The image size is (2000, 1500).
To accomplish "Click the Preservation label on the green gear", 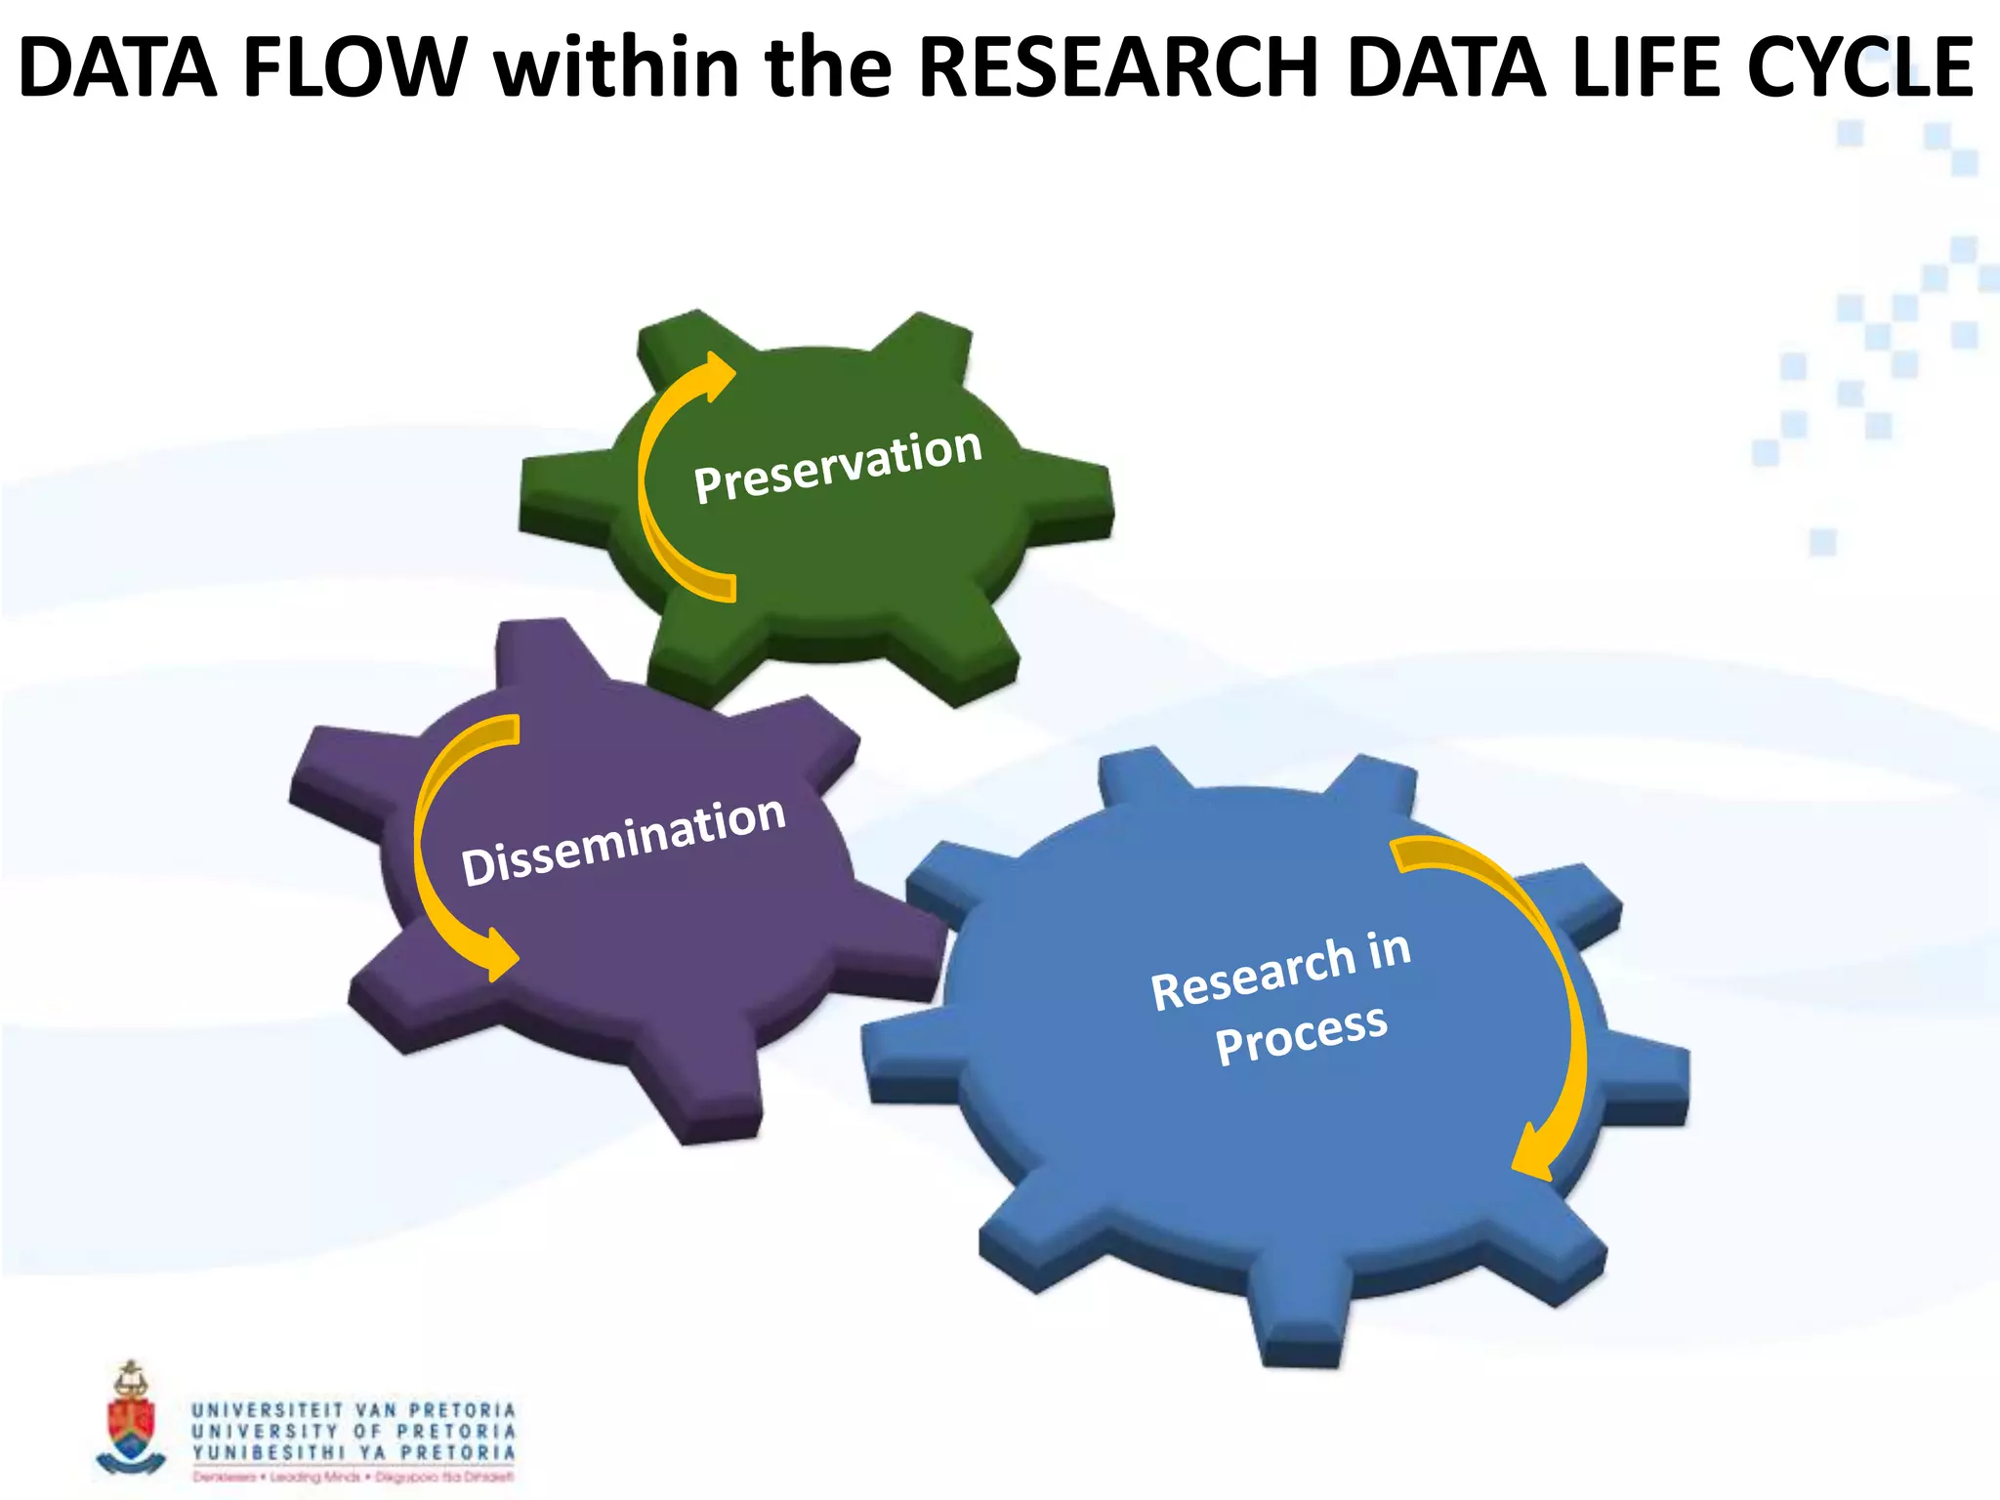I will (x=837, y=466).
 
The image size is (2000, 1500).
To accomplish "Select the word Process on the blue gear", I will (x=1301, y=1033).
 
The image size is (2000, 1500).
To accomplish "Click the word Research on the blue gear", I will (x=1252, y=975).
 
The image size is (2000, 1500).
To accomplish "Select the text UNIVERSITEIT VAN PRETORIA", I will (x=353, y=1410).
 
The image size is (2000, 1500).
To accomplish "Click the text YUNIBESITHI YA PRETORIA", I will (x=353, y=1452).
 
